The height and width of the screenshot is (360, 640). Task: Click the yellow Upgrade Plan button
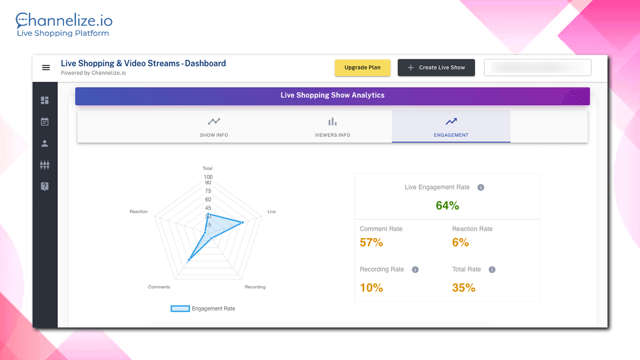click(362, 67)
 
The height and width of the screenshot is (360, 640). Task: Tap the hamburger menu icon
click(46, 67)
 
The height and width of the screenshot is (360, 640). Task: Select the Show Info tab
click(214, 127)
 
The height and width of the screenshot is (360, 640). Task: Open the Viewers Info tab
click(332, 127)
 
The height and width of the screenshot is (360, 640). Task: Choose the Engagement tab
click(451, 127)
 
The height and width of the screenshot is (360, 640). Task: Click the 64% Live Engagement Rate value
click(447, 205)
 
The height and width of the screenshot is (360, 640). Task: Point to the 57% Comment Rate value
click(371, 242)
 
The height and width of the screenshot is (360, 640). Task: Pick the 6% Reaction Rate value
click(460, 242)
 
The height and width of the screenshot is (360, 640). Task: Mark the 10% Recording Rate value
click(371, 287)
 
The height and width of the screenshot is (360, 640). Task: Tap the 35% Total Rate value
click(463, 287)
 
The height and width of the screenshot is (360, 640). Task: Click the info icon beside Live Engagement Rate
click(481, 187)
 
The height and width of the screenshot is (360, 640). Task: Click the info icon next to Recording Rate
click(415, 269)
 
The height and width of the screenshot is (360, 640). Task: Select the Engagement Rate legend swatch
click(180, 308)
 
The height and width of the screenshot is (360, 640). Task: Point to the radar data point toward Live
click(242, 222)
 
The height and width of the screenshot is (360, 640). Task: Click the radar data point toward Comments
click(189, 259)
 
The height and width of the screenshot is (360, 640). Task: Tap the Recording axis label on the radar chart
click(255, 287)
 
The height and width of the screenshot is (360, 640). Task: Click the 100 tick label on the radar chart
click(208, 177)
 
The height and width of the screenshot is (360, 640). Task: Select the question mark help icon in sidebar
click(45, 186)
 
